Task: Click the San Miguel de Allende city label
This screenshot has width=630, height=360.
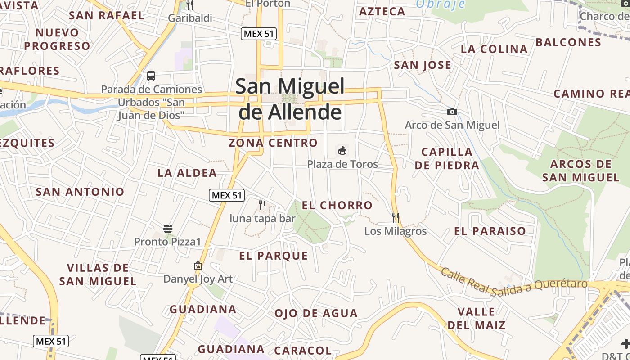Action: pyautogui.click(x=290, y=99)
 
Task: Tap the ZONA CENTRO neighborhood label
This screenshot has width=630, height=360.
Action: pyautogui.click(x=273, y=143)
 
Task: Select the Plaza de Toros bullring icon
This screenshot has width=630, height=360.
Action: pyautogui.click(x=342, y=150)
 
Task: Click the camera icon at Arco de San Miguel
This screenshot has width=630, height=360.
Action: pyautogui.click(x=452, y=112)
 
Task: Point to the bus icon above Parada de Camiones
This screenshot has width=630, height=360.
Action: pyautogui.click(x=151, y=76)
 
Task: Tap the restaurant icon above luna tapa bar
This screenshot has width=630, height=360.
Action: pyautogui.click(x=262, y=205)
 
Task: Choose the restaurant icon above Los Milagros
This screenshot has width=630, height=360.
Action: pyautogui.click(x=396, y=218)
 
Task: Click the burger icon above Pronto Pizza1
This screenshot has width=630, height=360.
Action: pyautogui.click(x=168, y=229)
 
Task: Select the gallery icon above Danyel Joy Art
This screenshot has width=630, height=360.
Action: pyautogui.click(x=198, y=265)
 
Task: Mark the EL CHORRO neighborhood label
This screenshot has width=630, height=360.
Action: pyautogui.click(x=337, y=206)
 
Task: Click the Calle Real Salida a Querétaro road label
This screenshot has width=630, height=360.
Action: pyautogui.click(x=514, y=281)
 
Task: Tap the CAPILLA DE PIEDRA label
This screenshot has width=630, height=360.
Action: pyautogui.click(x=447, y=158)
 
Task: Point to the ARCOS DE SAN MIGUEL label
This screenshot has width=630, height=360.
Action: pyautogui.click(x=580, y=171)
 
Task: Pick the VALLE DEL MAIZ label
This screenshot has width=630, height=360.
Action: pyautogui.click(x=476, y=318)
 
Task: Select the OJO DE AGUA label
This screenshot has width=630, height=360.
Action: pyautogui.click(x=316, y=313)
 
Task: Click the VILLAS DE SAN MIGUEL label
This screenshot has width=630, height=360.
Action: pyautogui.click(x=98, y=274)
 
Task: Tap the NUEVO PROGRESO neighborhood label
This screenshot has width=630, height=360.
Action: pyautogui.click(x=57, y=39)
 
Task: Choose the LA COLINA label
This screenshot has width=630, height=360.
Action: pyautogui.click(x=494, y=49)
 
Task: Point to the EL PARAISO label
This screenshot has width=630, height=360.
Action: pyautogui.click(x=490, y=231)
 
